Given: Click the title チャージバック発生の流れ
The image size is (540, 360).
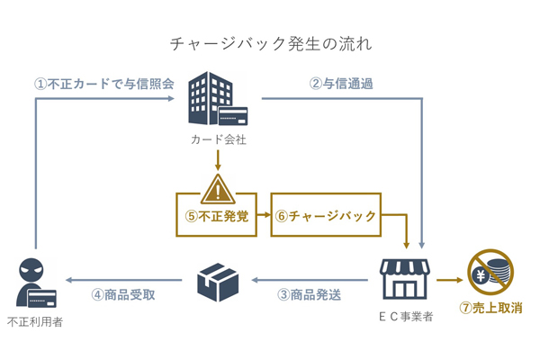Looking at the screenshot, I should [270, 43].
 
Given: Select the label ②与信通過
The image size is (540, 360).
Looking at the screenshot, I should [341, 84].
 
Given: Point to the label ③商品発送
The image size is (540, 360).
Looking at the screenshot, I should [309, 294].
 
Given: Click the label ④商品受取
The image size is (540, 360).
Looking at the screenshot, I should [123, 294].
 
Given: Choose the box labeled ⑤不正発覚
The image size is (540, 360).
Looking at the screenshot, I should [217, 216].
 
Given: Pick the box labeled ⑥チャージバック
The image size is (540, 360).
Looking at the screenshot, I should [325, 216].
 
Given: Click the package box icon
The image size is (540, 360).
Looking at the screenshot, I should [217, 281].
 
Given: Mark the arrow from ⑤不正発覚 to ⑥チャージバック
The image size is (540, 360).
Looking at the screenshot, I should [264, 216].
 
